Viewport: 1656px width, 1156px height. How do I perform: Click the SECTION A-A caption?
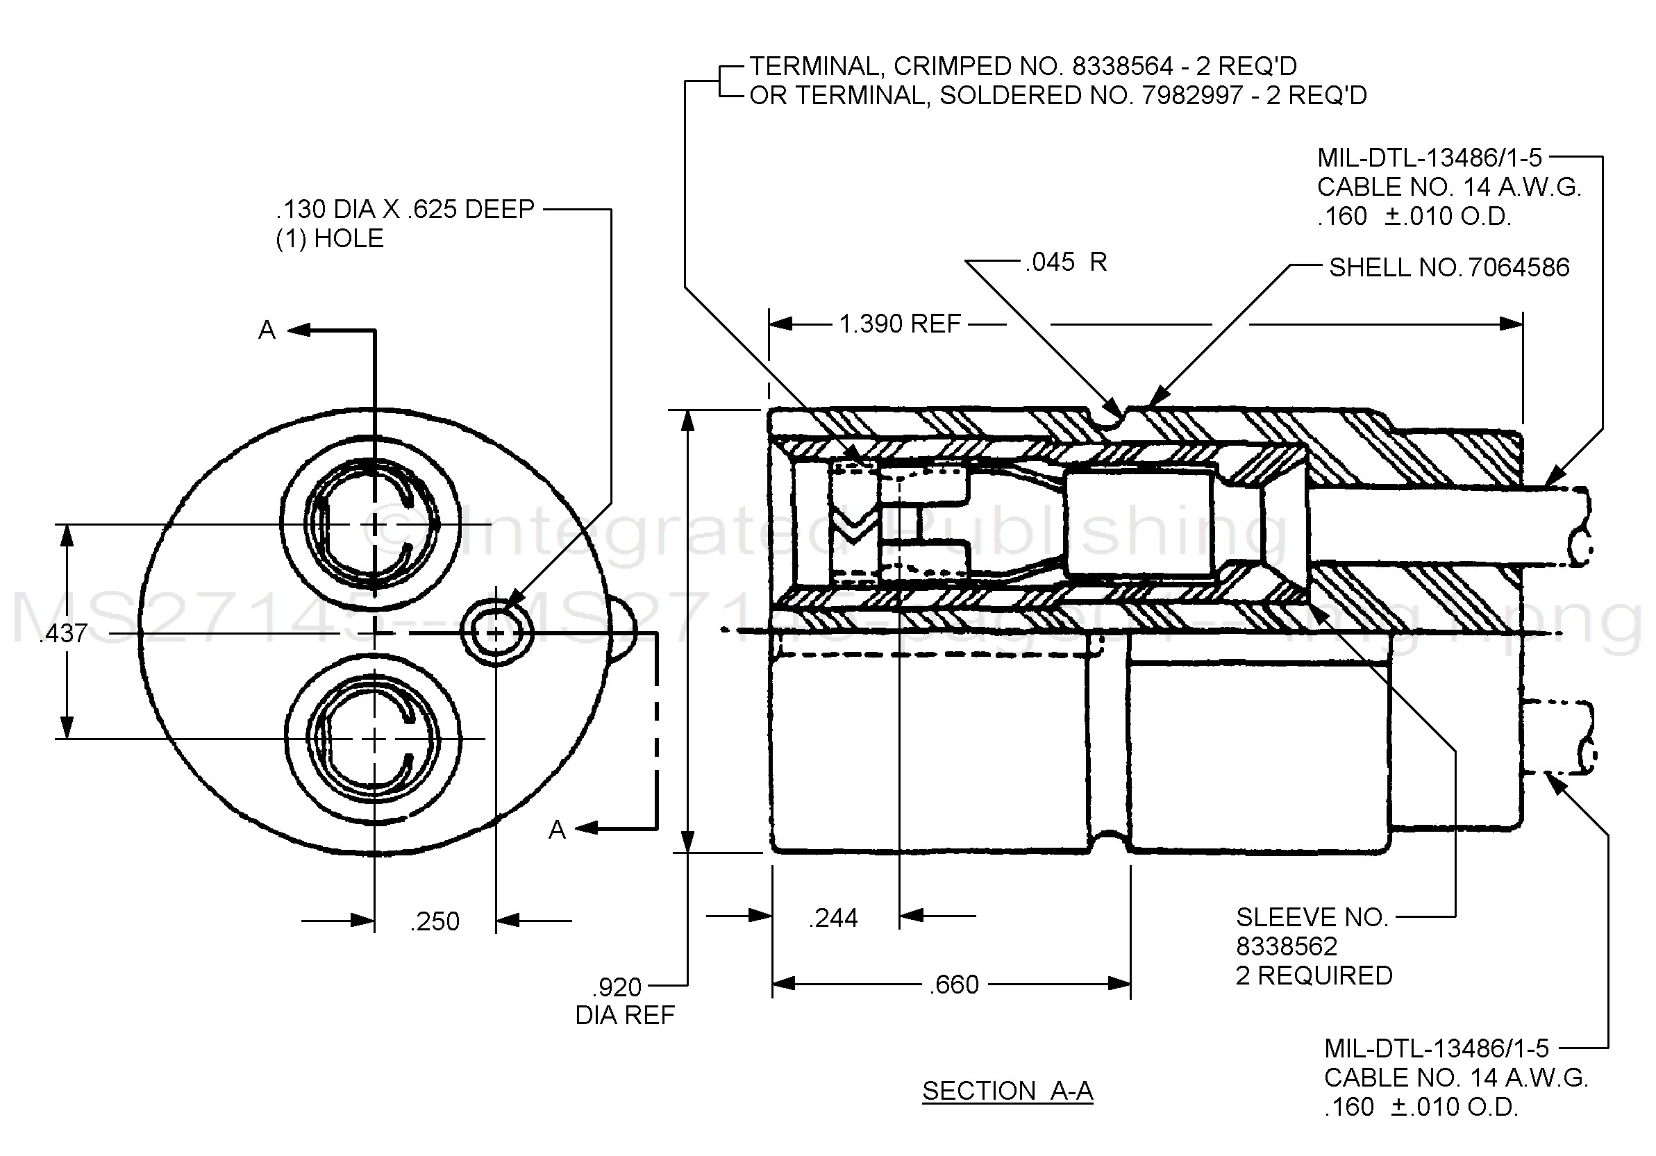(1007, 1091)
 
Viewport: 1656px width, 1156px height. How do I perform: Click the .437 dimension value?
(63, 633)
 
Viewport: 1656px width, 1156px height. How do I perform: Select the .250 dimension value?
(434, 921)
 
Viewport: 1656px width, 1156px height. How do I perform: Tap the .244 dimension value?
(834, 918)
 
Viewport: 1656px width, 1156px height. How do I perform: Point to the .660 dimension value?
(953, 985)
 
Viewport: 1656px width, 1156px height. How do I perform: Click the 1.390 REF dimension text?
(899, 324)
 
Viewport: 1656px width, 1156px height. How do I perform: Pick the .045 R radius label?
(1065, 262)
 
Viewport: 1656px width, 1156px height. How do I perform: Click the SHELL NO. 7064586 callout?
(1448, 267)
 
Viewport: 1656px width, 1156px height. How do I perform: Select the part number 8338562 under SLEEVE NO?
(1286, 946)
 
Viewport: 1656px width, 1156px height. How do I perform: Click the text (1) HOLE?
(329, 238)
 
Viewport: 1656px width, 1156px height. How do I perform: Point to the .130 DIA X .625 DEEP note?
(405, 209)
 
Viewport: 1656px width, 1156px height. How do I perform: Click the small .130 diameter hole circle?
(496, 633)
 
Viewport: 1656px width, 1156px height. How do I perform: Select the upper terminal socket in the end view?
(372, 524)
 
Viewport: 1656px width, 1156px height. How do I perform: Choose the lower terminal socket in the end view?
(373, 739)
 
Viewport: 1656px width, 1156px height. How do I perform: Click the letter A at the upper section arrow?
(267, 330)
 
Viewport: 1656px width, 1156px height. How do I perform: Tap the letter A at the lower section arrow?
(557, 830)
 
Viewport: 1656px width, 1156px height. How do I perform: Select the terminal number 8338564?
(1122, 67)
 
